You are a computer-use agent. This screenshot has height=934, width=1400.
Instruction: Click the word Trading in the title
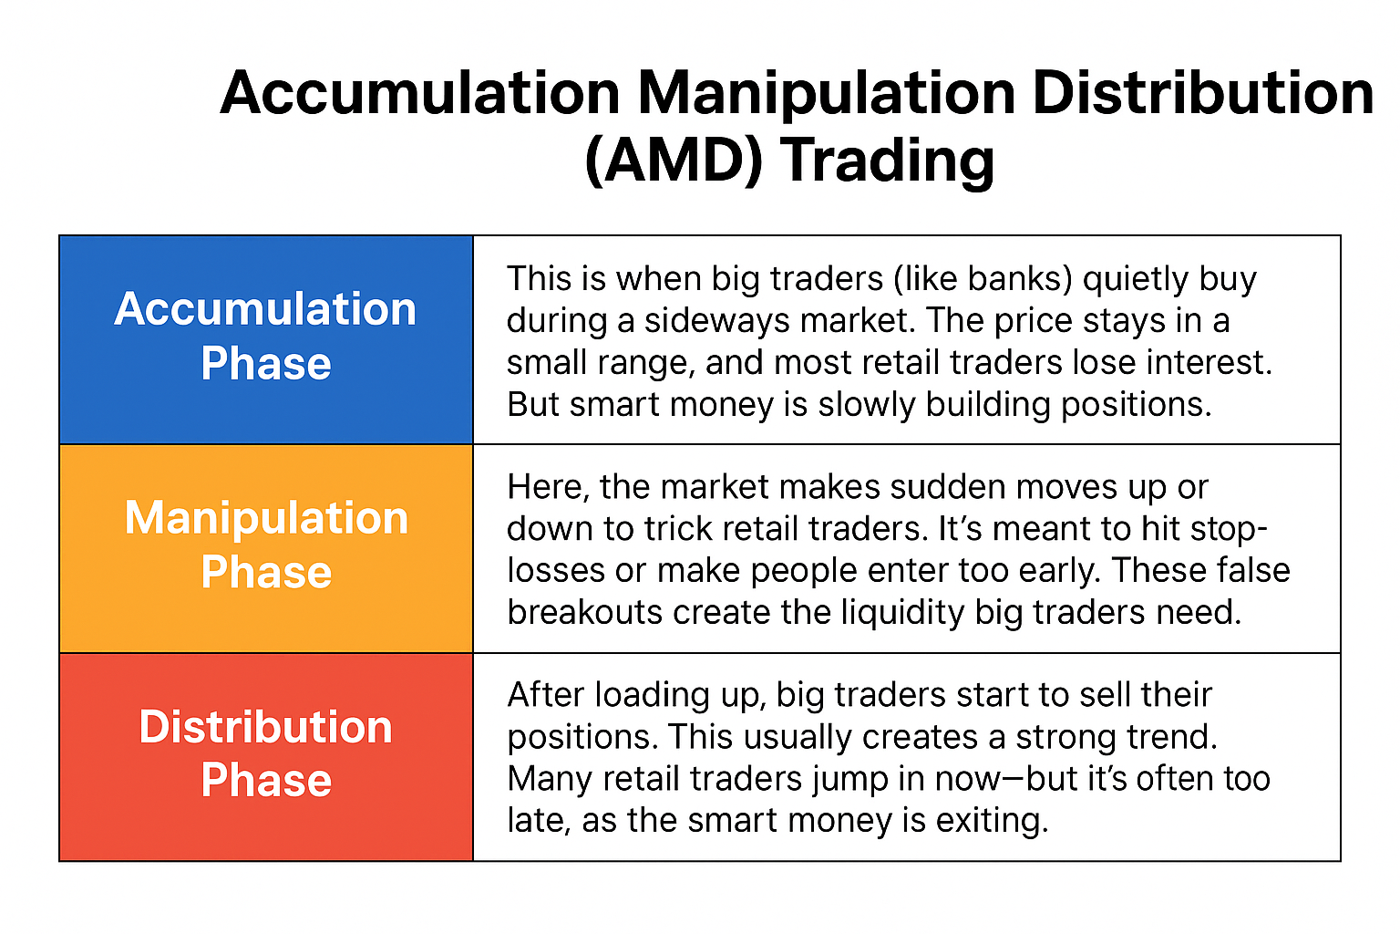click(887, 161)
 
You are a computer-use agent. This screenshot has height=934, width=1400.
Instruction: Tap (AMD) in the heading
click(673, 161)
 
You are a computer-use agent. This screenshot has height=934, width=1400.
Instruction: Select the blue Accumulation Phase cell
click(266, 339)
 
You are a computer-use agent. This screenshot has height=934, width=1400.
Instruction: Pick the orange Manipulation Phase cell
click(266, 548)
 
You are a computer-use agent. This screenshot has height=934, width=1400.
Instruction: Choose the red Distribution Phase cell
click(266, 757)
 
